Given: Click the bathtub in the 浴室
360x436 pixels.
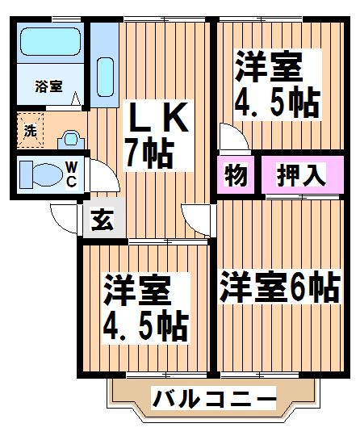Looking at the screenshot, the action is click(51, 41).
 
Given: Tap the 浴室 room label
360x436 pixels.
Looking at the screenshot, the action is click(49, 86).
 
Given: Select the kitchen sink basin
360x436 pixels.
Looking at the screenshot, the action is click(105, 77).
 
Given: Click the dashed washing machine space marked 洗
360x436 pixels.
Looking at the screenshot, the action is click(31, 130).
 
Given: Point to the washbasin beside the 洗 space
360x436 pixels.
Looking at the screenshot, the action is click(71, 140).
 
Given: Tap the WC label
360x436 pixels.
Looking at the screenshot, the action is click(72, 174).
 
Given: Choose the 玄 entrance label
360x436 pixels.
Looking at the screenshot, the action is click(103, 220).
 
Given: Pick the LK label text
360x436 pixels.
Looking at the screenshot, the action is click(158, 118).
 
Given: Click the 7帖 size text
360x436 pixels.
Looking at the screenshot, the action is click(149, 153).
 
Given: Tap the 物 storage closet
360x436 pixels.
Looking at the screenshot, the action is click(236, 174).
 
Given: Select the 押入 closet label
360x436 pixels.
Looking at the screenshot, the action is click(301, 175).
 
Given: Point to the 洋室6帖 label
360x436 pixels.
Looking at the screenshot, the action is click(280, 287).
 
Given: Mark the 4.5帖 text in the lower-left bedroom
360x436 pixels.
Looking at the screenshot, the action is click(146, 327).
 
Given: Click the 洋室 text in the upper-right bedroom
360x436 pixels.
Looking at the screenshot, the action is click(269, 67).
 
